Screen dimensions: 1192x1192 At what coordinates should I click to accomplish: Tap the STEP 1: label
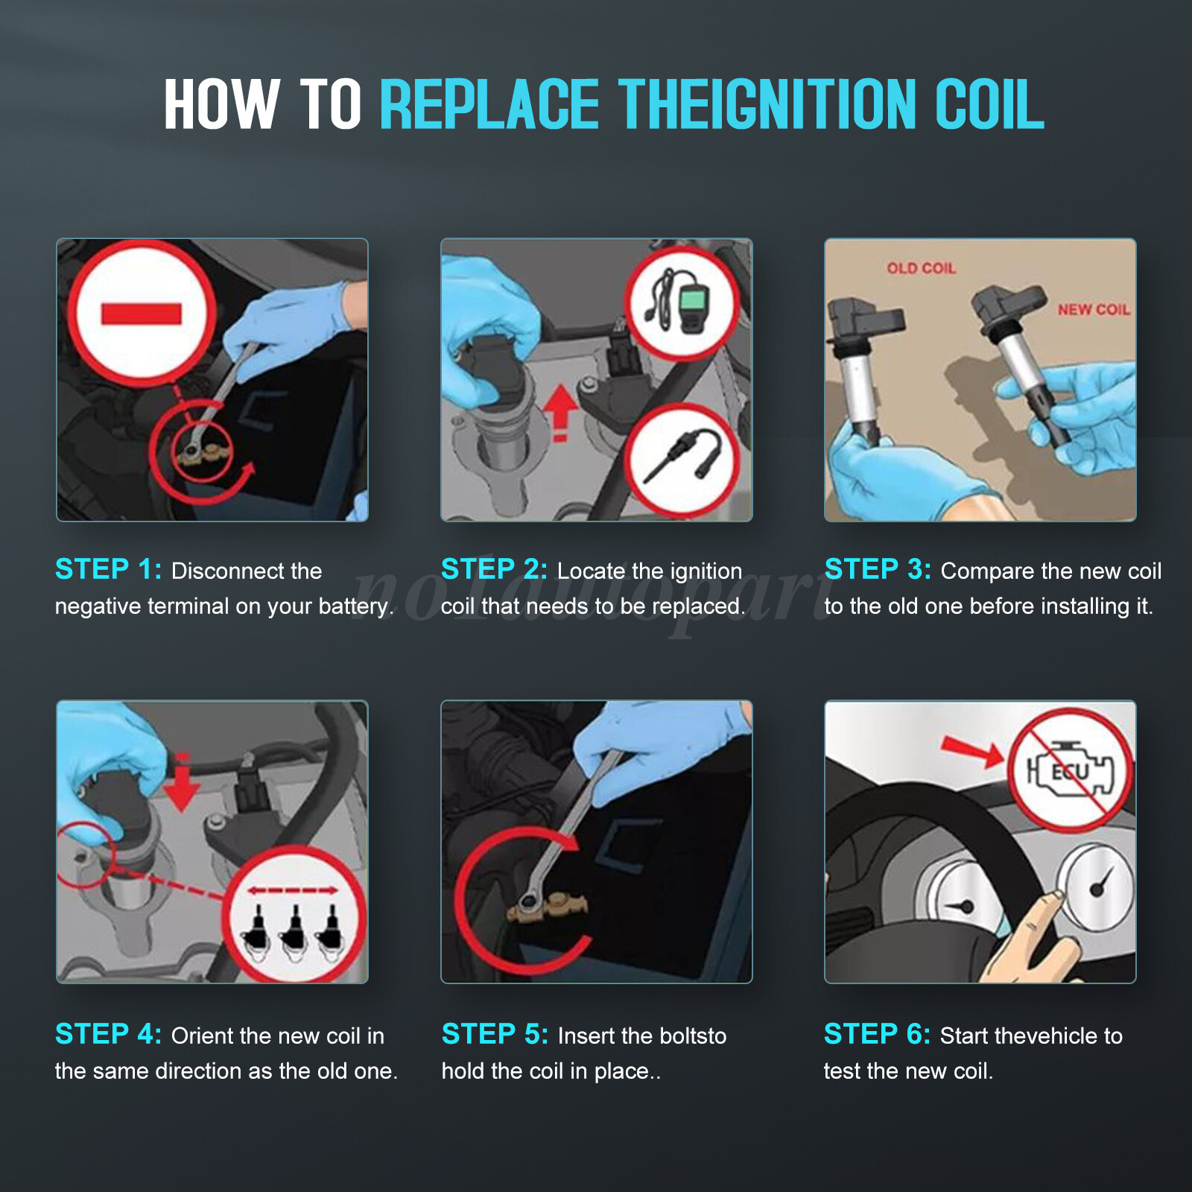pos(109,569)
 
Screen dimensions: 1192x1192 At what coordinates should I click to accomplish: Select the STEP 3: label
pos(878,569)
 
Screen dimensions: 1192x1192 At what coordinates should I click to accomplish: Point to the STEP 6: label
pos(877,1034)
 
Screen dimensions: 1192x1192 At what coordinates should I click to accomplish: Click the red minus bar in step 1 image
pos(142,314)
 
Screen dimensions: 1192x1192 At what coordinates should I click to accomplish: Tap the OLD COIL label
pos(921,268)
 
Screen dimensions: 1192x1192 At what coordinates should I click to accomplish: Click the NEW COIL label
pos(1094,309)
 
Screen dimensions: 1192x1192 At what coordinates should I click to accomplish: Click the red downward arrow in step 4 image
pos(181,782)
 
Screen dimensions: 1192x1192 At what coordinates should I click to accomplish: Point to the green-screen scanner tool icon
pos(681,302)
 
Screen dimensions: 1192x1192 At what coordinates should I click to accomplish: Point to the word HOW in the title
pos(222,104)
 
